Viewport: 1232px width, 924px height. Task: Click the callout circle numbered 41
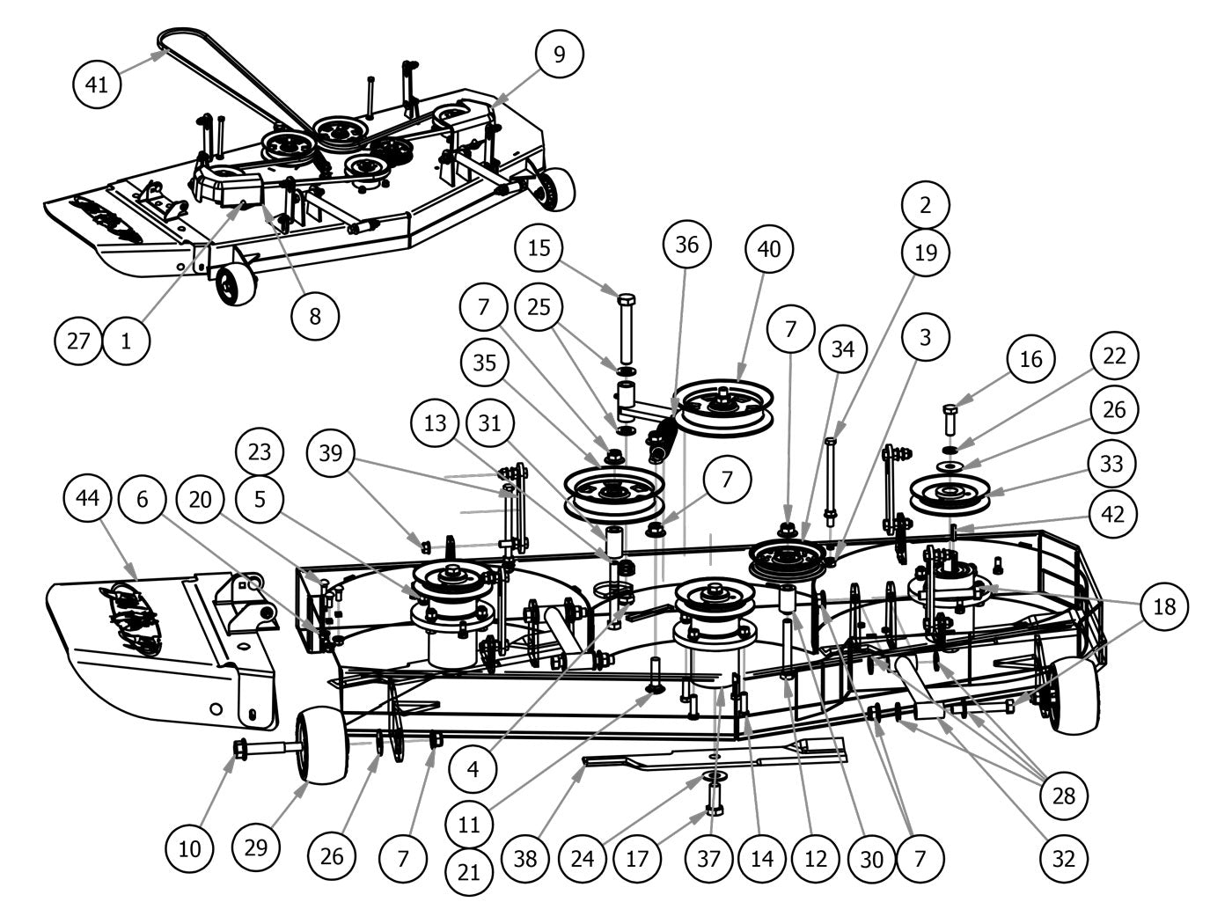(x=97, y=84)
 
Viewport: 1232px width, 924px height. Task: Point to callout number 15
(x=539, y=247)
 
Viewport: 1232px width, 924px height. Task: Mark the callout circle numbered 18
(x=1164, y=605)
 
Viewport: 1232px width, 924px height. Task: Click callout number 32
(x=1064, y=857)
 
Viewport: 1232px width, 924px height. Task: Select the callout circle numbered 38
(x=524, y=857)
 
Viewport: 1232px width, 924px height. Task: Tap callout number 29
(x=256, y=848)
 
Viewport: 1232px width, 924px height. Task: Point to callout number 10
(x=190, y=848)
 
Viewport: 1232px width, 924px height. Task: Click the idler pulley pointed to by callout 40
(x=722, y=406)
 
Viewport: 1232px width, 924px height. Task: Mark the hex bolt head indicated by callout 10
(x=239, y=749)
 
